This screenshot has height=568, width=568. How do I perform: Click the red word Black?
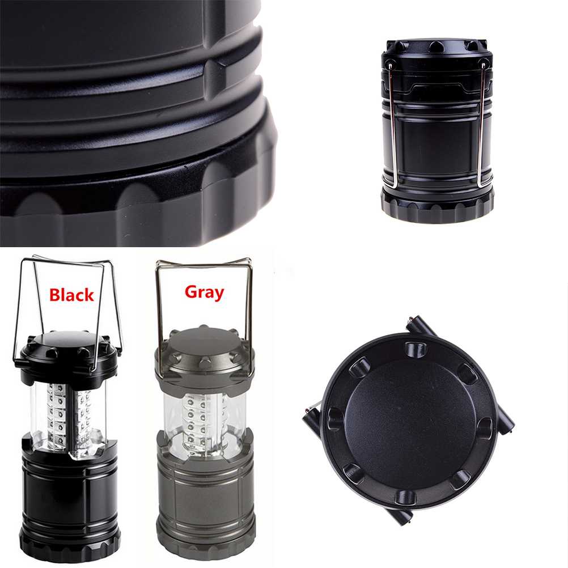tap(71, 295)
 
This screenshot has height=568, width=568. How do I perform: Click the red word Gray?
tap(204, 292)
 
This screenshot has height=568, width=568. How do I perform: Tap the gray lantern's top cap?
tap(205, 353)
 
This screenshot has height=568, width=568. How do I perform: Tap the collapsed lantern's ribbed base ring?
tap(437, 207)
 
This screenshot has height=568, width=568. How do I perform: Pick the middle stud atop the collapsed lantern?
tap(436, 46)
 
